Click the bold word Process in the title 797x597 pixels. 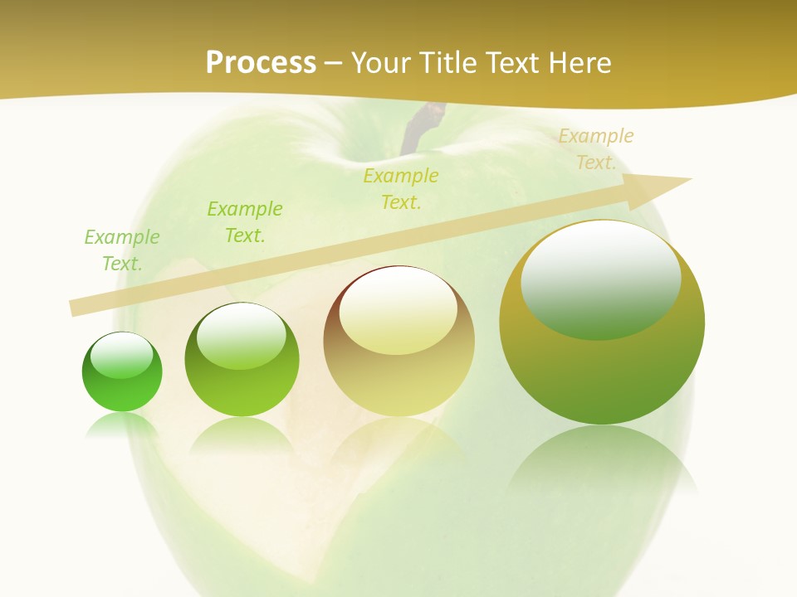click(261, 63)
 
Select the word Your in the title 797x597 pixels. click(381, 63)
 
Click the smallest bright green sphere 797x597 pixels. click(122, 371)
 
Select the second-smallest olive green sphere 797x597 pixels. click(242, 360)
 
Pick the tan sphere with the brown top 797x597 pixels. click(398, 341)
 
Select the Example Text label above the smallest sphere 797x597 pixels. click(122, 250)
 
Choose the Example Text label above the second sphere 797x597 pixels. click(245, 222)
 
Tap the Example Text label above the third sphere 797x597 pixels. click(401, 188)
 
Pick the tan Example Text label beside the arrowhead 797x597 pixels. click(595, 149)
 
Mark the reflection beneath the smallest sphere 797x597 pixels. click(122, 426)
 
